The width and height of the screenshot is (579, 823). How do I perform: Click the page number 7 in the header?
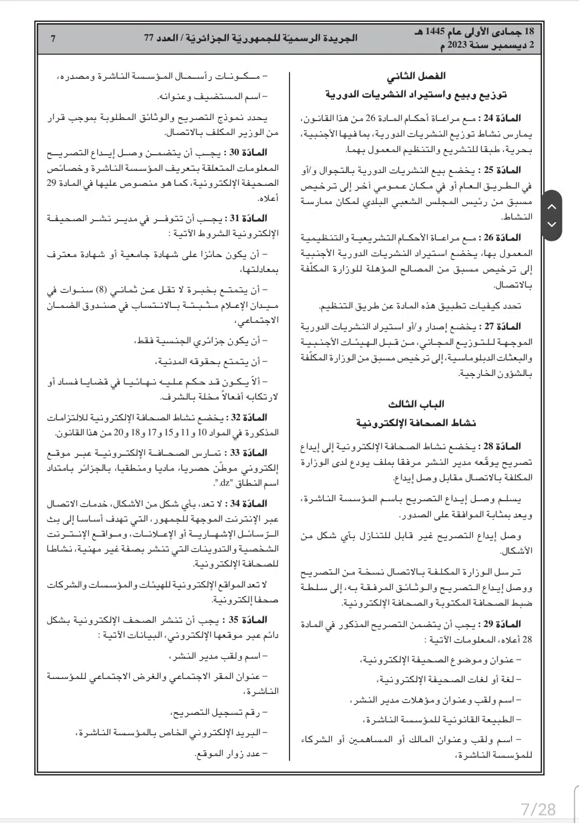[x=53, y=38]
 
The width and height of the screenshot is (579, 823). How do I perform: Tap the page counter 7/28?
[x=539, y=808]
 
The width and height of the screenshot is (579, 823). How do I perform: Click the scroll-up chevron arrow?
[x=552, y=207]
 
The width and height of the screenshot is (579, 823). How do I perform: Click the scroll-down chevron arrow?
[x=552, y=224]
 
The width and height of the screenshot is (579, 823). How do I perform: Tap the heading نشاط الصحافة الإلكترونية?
[x=416, y=423]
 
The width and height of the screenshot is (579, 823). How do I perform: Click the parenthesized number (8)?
[x=102, y=290]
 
